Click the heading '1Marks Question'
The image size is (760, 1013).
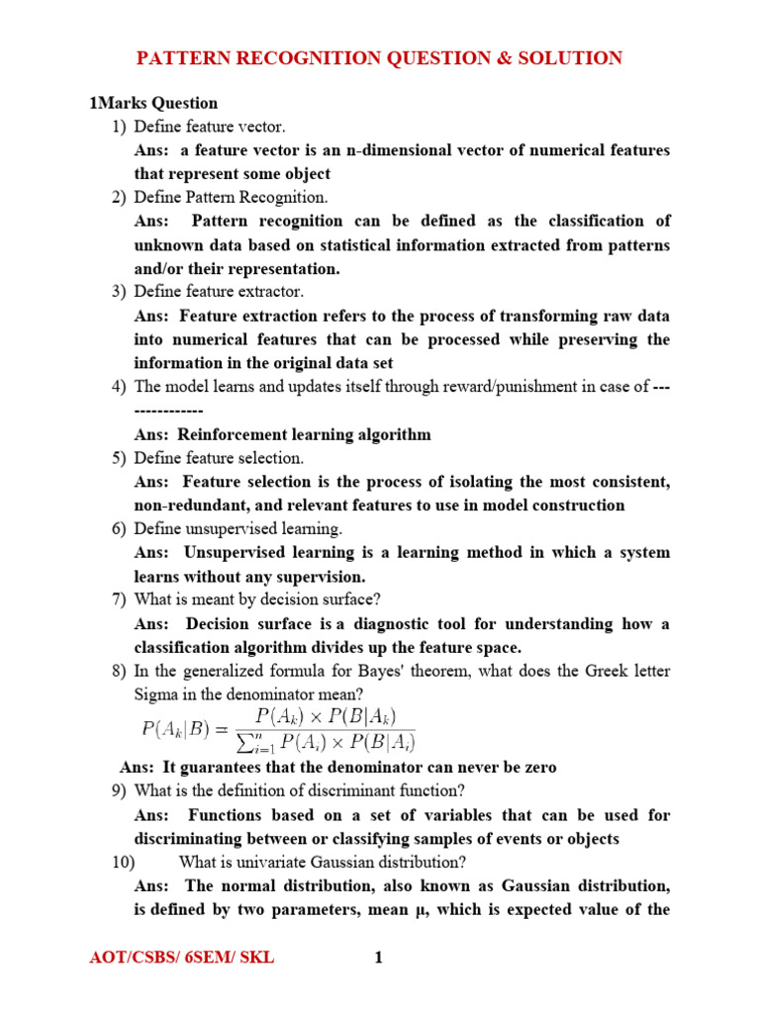[x=153, y=103]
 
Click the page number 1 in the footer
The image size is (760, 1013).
[x=377, y=958]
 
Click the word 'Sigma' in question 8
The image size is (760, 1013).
[x=155, y=695]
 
